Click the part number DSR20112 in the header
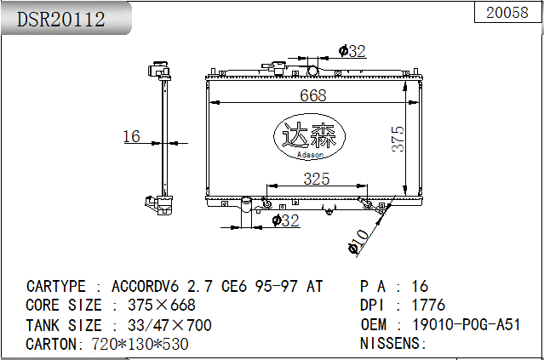[61, 19]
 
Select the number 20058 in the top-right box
[507, 13]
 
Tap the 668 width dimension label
[313, 95]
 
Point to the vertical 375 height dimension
[398, 139]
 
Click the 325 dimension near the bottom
[317, 179]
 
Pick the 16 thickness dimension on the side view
[131, 136]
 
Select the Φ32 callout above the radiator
[352, 51]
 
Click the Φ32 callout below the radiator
[285, 220]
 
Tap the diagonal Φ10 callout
[358, 242]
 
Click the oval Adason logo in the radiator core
[310, 136]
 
